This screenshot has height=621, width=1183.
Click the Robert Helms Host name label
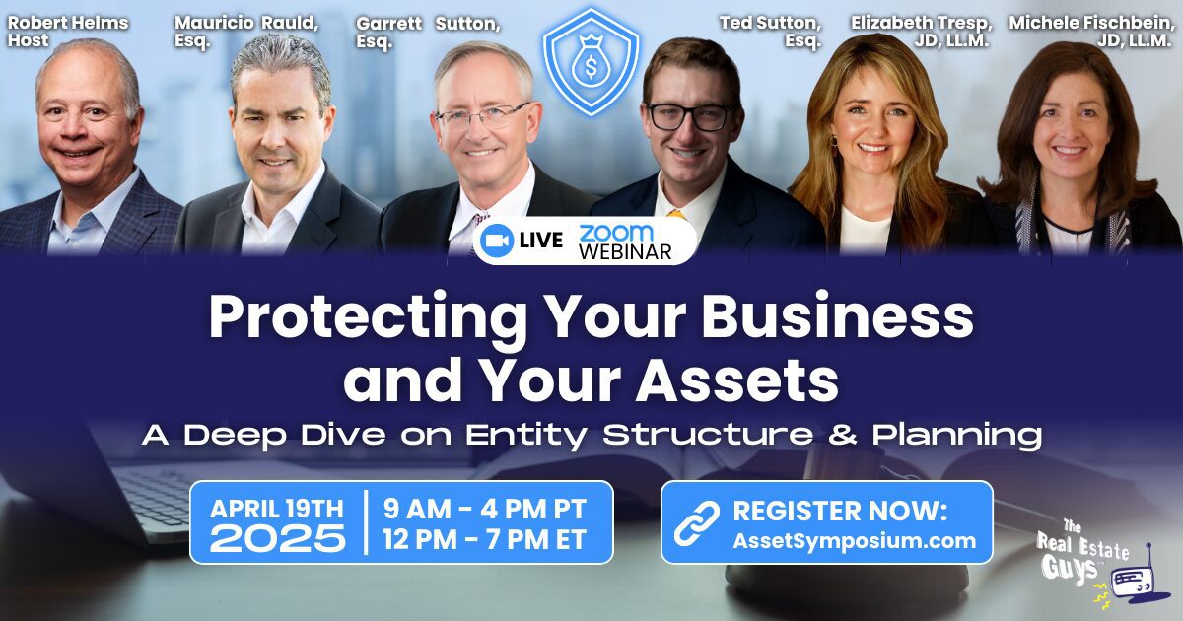(68, 32)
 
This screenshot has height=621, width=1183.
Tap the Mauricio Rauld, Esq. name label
(246, 32)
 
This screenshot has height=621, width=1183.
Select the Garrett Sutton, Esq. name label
(428, 32)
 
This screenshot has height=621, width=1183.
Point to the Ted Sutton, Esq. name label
(770, 32)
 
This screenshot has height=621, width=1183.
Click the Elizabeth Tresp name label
(922, 32)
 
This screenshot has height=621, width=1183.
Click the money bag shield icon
(591, 62)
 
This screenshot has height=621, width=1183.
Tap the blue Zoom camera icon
(497, 241)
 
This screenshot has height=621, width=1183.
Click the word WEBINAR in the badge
(625, 252)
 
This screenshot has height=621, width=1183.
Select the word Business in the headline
(837, 316)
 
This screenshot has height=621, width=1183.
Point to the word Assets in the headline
(737, 380)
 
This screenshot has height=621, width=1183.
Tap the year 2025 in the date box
(278, 538)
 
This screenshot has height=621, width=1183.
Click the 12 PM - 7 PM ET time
(485, 540)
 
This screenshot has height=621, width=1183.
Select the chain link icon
(697, 522)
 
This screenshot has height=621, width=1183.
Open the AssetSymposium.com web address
(854, 541)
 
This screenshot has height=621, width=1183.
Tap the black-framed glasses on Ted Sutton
(690, 117)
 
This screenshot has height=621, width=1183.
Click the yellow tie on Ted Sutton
(675, 214)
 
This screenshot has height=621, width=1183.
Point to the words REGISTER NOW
(840, 511)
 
